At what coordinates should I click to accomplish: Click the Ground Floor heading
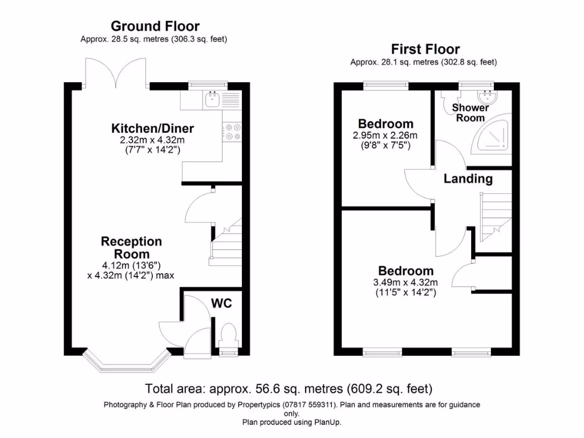[155, 26]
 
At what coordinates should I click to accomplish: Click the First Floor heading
[425, 49]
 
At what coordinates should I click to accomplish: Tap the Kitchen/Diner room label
[153, 128]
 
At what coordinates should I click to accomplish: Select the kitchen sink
[212, 99]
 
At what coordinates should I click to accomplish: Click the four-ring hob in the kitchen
[232, 132]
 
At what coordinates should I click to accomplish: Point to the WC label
[222, 303]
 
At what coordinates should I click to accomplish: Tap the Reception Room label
[132, 248]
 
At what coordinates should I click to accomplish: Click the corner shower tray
[492, 133]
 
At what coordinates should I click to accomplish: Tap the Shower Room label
[471, 113]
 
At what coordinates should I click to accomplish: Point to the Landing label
[468, 179]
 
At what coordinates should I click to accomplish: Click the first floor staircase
[496, 217]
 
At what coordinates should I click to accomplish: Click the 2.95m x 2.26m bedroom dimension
[385, 136]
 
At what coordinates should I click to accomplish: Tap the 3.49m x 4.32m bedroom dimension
[405, 283]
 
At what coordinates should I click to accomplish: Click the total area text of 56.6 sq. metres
[289, 389]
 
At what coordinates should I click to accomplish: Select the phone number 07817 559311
[309, 405]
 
